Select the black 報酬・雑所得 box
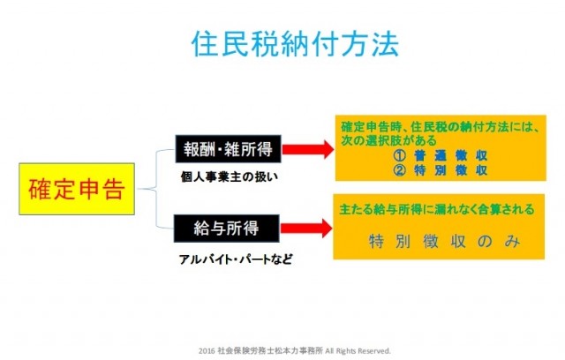[x=227, y=147]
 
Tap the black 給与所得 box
[x=227, y=229]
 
